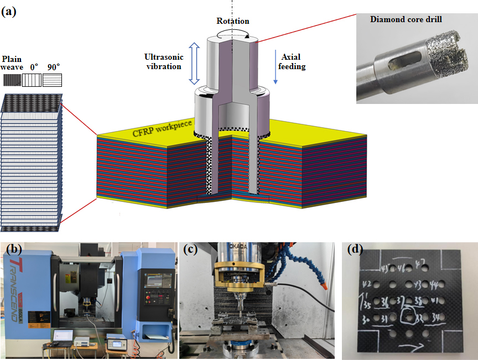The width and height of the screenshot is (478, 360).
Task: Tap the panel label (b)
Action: point(14,249)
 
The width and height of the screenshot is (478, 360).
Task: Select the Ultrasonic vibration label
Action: point(163,61)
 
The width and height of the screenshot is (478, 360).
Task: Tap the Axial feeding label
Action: point(293,61)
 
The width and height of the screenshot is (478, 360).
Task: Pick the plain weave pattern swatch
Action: point(12,80)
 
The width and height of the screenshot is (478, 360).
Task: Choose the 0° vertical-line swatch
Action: point(32,80)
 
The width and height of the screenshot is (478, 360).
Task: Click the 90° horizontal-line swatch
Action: point(52,80)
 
